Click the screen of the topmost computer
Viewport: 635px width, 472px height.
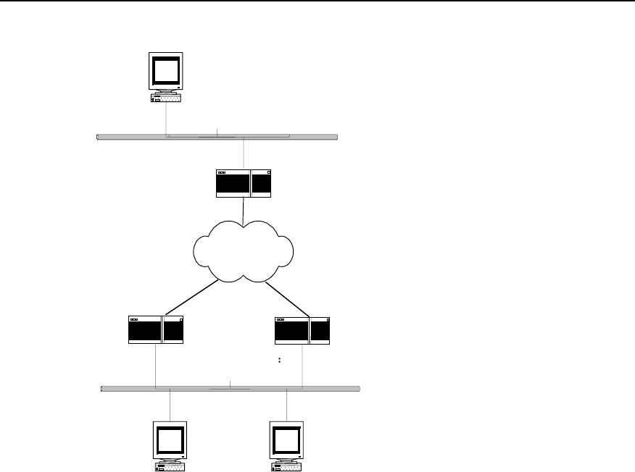(166, 70)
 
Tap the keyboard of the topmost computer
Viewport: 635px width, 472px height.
(166, 98)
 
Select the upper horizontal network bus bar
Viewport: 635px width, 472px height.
(217, 136)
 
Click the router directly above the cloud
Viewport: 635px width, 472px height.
(243, 183)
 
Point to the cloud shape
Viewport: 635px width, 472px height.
(243, 250)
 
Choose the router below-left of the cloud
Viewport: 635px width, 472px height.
(156, 329)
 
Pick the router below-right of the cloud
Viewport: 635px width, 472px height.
(302, 329)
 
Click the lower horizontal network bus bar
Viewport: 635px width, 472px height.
(231, 389)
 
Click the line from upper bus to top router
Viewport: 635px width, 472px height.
(244, 153)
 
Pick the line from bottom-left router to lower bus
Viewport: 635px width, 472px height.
(156, 366)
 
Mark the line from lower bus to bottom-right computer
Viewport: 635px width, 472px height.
(287, 405)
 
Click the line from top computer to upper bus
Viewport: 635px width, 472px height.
(166, 117)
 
